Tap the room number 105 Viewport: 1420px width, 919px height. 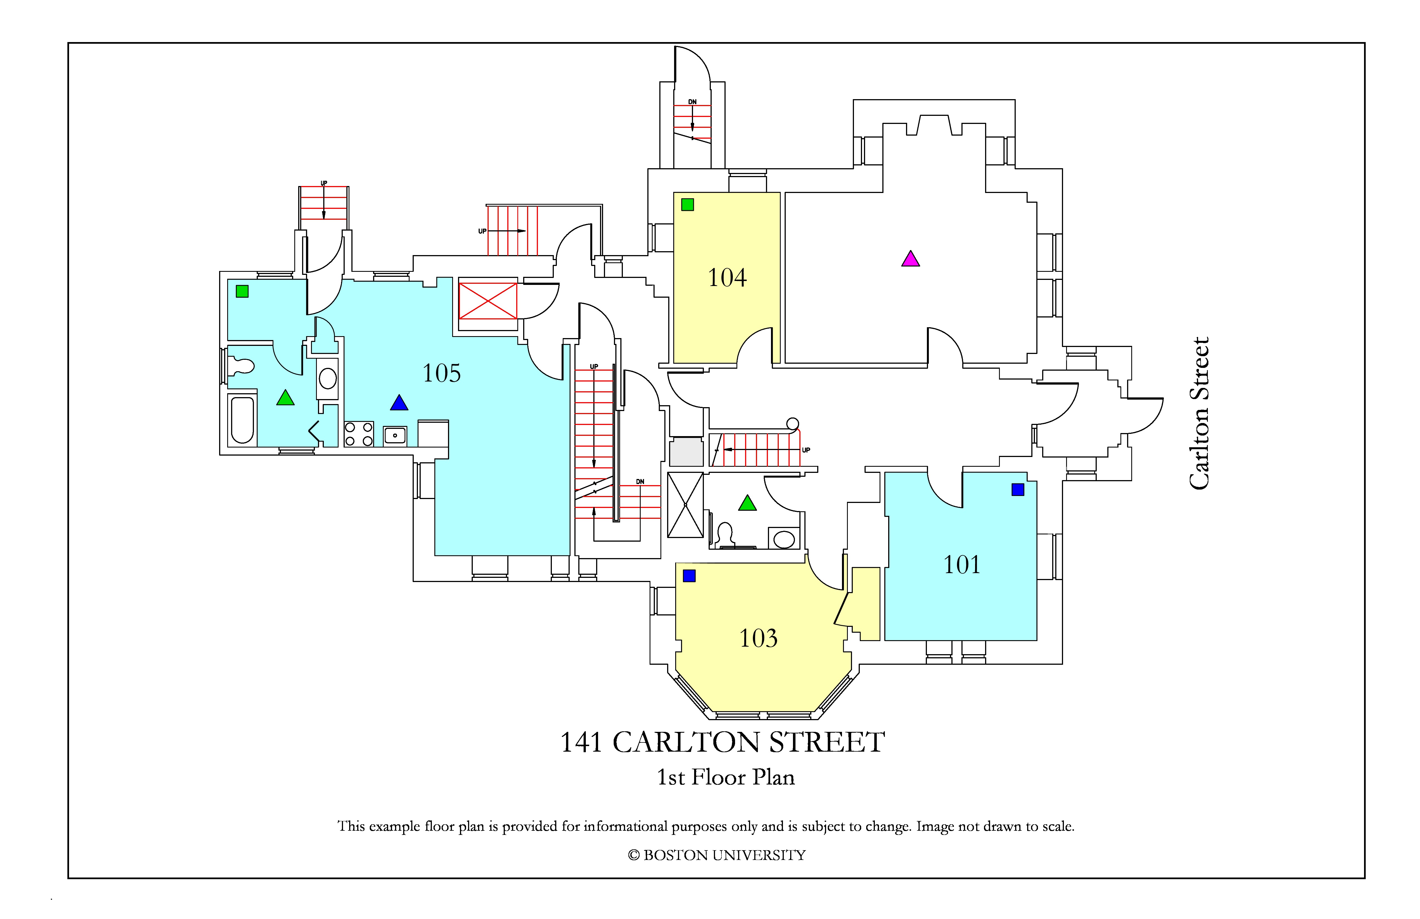click(x=442, y=373)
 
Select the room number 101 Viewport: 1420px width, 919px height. click(x=962, y=564)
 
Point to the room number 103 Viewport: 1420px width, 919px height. click(x=758, y=639)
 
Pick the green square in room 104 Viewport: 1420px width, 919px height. click(x=687, y=205)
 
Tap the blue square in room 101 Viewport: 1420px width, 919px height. click(x=1018, y=489)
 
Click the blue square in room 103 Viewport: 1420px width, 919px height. click(x=689, y=576)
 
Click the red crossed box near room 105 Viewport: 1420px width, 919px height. click(x=488, y=301)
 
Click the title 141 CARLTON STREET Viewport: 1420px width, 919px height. click(x=723, y=742)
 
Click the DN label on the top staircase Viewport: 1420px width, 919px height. click(x=692, y=102)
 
